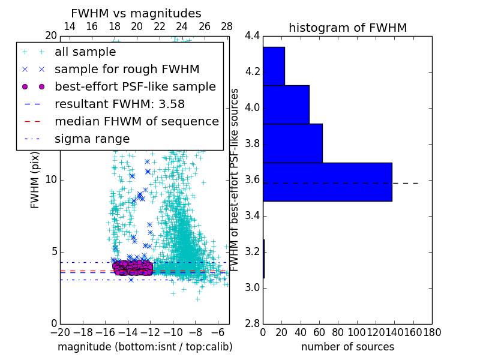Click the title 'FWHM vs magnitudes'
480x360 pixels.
[x=136, y=14]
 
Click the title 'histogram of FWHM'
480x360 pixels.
[x=347, y=28]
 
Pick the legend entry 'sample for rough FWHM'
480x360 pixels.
[x=127, y=69]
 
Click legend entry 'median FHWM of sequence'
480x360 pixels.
[x=137, y=121]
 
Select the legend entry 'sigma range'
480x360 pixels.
[x=92, y=139]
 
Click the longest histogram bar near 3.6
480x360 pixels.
[x=327, y=182]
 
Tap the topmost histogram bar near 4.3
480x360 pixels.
[x=274, y=66]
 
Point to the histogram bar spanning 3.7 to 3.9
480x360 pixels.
[x=292, y=143]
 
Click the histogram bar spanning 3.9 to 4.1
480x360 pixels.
[x=286, y=104]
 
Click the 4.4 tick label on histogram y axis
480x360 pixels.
[x=252, y=36]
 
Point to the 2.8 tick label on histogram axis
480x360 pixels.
[x=252, y=323]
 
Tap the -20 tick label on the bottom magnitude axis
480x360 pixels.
[x=60, y=332]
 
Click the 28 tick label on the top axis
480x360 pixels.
[x=227, y=26]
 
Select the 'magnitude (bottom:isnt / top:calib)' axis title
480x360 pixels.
[x=145, y=347]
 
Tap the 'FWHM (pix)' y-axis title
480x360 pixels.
[x=35, y=179]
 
